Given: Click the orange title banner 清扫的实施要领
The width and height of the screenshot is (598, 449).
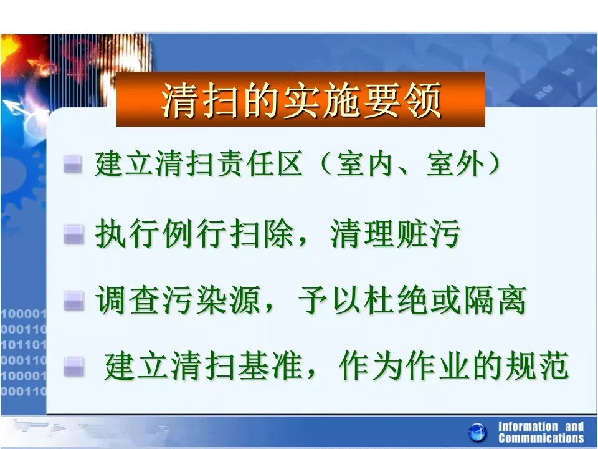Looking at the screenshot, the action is click(x=300, y=99).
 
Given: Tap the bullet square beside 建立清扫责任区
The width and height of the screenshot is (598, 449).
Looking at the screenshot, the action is click(x=73, y=165).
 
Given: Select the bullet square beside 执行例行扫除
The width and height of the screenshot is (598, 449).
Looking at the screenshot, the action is click(x=74, y=234).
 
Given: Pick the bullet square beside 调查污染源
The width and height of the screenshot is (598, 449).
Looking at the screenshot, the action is click(x=74, y=301).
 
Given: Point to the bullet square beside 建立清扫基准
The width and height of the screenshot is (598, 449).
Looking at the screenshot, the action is click(x=74, y=366).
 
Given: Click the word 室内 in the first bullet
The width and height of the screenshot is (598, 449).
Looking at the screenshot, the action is click(x=364, y=164).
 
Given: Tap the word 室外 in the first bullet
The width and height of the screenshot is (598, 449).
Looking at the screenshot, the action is click(x=455, y=164).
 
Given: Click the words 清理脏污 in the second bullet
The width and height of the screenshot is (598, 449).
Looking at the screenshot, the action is click(x=395, y=233).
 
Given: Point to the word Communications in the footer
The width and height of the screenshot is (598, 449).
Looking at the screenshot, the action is click(x=541, y=438).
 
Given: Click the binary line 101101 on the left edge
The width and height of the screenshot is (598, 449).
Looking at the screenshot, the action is click(x=24, y=345).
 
